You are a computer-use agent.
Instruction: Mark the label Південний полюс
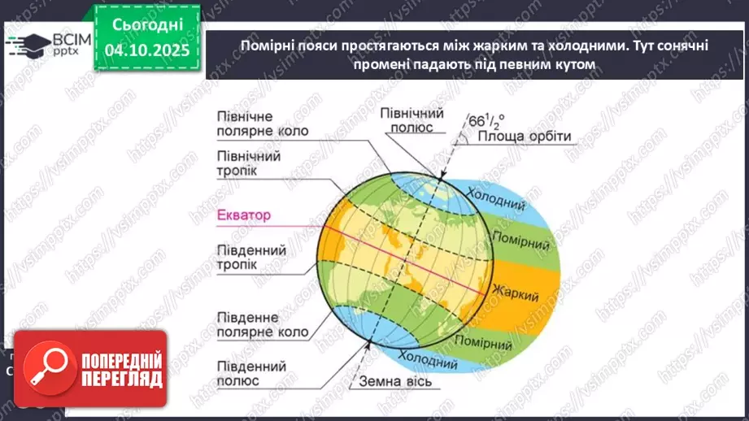pos(250,371)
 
